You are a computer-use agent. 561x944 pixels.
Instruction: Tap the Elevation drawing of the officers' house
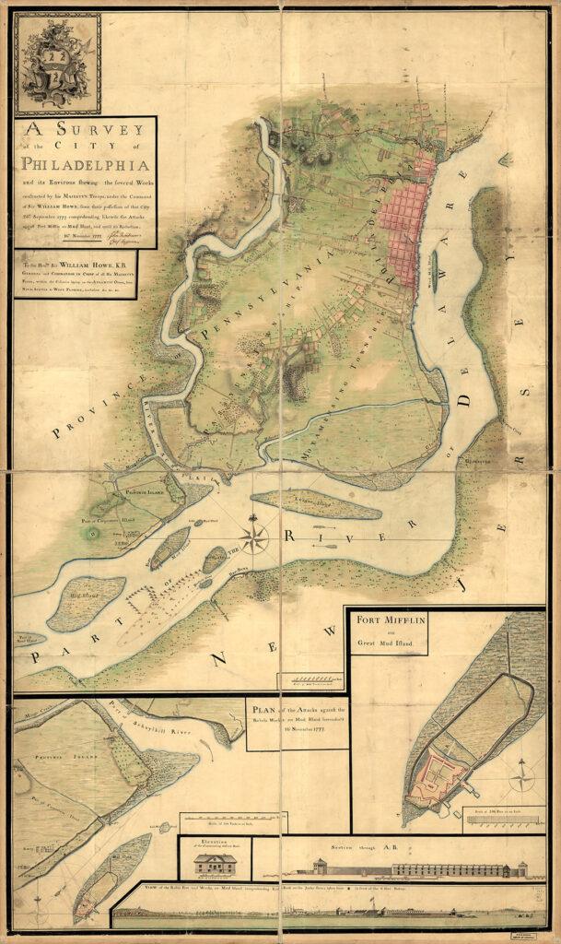[215, 864]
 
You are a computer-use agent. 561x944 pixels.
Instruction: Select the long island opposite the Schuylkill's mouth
[315, 504]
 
